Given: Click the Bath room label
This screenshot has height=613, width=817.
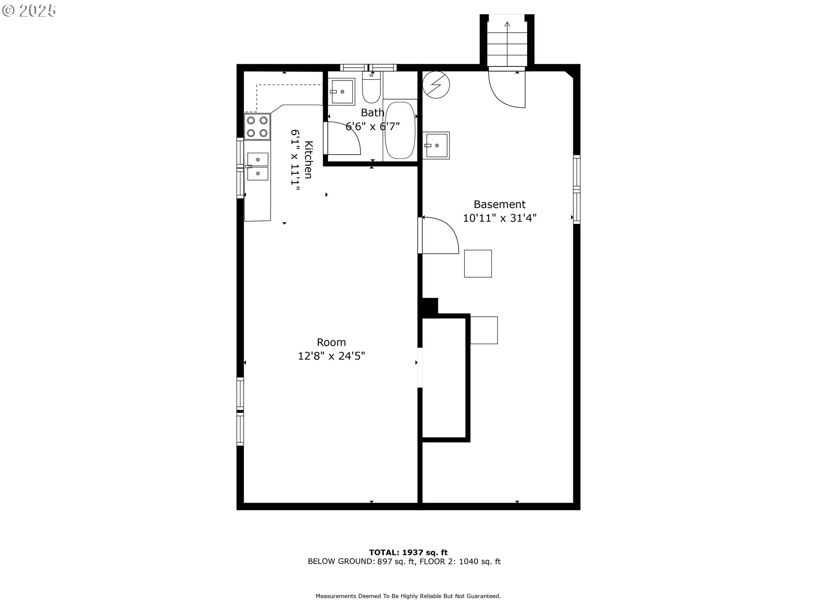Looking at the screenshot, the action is point(372,113).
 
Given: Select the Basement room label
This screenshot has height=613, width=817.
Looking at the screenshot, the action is point(500,204).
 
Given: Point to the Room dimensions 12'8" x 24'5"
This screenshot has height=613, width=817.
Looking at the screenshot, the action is point(331,356).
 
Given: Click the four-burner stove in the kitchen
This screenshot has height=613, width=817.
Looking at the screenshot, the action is point(257,127).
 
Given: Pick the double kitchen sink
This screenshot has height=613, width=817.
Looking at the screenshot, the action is point(257,166).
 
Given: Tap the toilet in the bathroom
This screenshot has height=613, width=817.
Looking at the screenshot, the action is point(372,87).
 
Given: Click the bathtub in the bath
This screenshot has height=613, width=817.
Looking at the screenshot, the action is point(400,130).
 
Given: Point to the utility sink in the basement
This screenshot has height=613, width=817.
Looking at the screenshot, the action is point(436,146).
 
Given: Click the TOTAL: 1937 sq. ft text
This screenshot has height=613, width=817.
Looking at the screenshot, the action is point(408,553).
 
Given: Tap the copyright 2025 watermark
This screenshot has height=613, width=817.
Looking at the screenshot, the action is point(29,11).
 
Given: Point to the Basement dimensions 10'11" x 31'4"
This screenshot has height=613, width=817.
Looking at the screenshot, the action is point(500,218).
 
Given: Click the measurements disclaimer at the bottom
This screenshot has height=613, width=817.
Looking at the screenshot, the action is point(408,596).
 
